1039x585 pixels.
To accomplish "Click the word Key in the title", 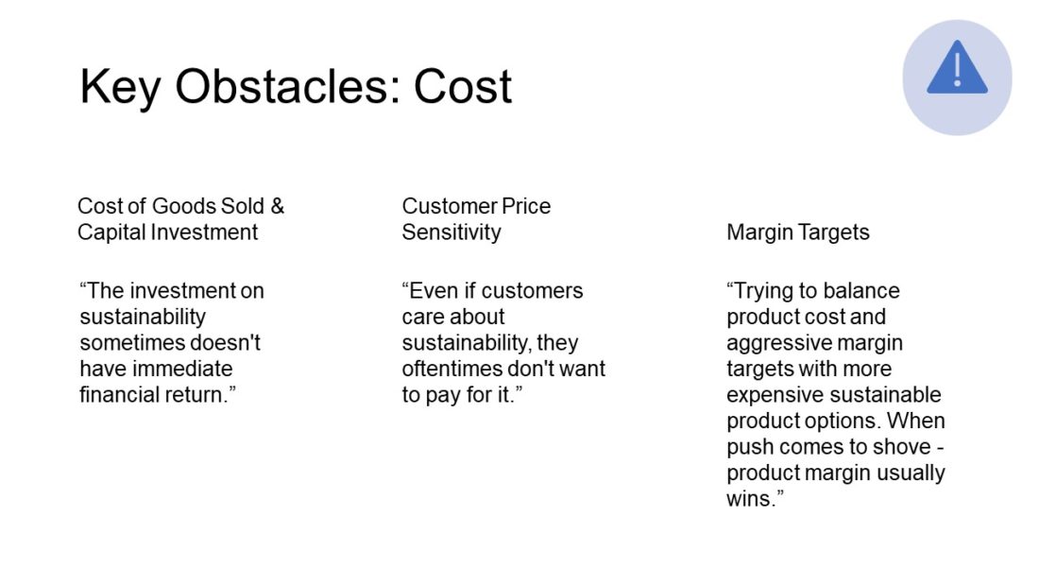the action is click(x=120, y=87).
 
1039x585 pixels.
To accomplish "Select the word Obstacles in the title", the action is click(x=288, y=86).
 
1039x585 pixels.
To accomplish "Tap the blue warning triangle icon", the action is click(x=957, y=67).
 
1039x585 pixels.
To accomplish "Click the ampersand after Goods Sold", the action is click(x=277, y=206).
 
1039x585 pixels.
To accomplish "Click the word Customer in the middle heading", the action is click(x=449, y=206).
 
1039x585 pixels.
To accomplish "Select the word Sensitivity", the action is click(x=451, y=232).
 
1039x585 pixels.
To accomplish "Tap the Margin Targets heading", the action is click(x=798, y=232).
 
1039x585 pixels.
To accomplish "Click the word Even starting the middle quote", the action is click(x=430, y=290).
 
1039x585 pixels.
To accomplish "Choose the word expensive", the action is click(x=777, y=395).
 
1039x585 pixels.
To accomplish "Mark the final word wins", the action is click(x=752, y=499).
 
